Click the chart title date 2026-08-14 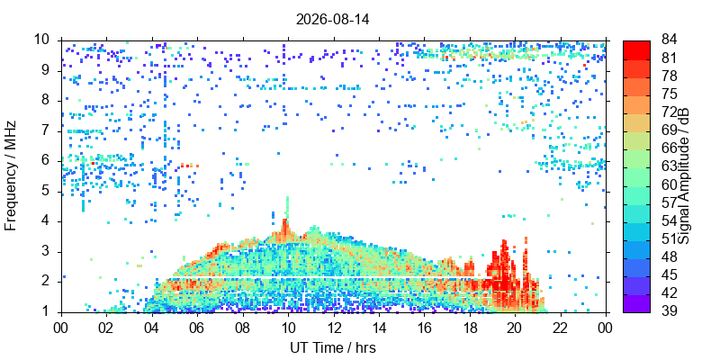coord(333,20)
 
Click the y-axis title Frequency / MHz coord(10,175)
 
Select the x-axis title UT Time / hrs coord(333,347)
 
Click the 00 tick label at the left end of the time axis coord(61,327)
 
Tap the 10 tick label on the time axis coord(288,327)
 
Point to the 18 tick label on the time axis coord(470,327)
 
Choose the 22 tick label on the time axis coord(561,327)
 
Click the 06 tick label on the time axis coord(197,327)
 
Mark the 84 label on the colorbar coord(669,40)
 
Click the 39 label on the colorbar coord(669,310)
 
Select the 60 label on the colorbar coord(669,184)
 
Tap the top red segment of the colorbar coord(636,50)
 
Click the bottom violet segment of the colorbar coord(636,303)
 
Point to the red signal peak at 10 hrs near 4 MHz coord(285,229)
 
